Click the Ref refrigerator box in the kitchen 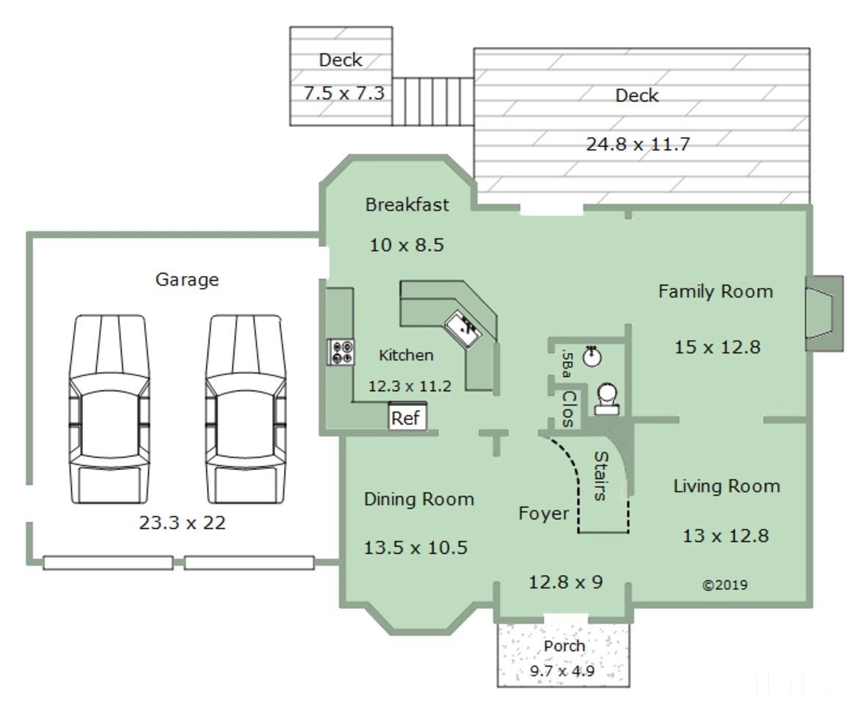tap(407, 417)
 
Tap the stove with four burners tap(341, 352)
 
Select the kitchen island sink tap(463, 328)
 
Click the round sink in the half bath tap(592, 356)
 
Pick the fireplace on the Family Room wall tap(824, 314)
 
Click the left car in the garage tap(109, 409)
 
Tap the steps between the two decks tap(433, 101)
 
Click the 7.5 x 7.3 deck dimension tap(344, 93)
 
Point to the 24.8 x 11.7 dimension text tap(638, 144)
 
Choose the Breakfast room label tap(407, 204)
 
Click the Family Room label tap(716, 291)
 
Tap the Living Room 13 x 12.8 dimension tap(725, 535)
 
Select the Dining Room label tap(419, 499)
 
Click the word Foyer tap(544, 513)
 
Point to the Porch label tap(564, 646)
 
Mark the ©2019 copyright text tap(724, 585)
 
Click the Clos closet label tap(569, 409)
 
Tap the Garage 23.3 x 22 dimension tap(182, 522)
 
